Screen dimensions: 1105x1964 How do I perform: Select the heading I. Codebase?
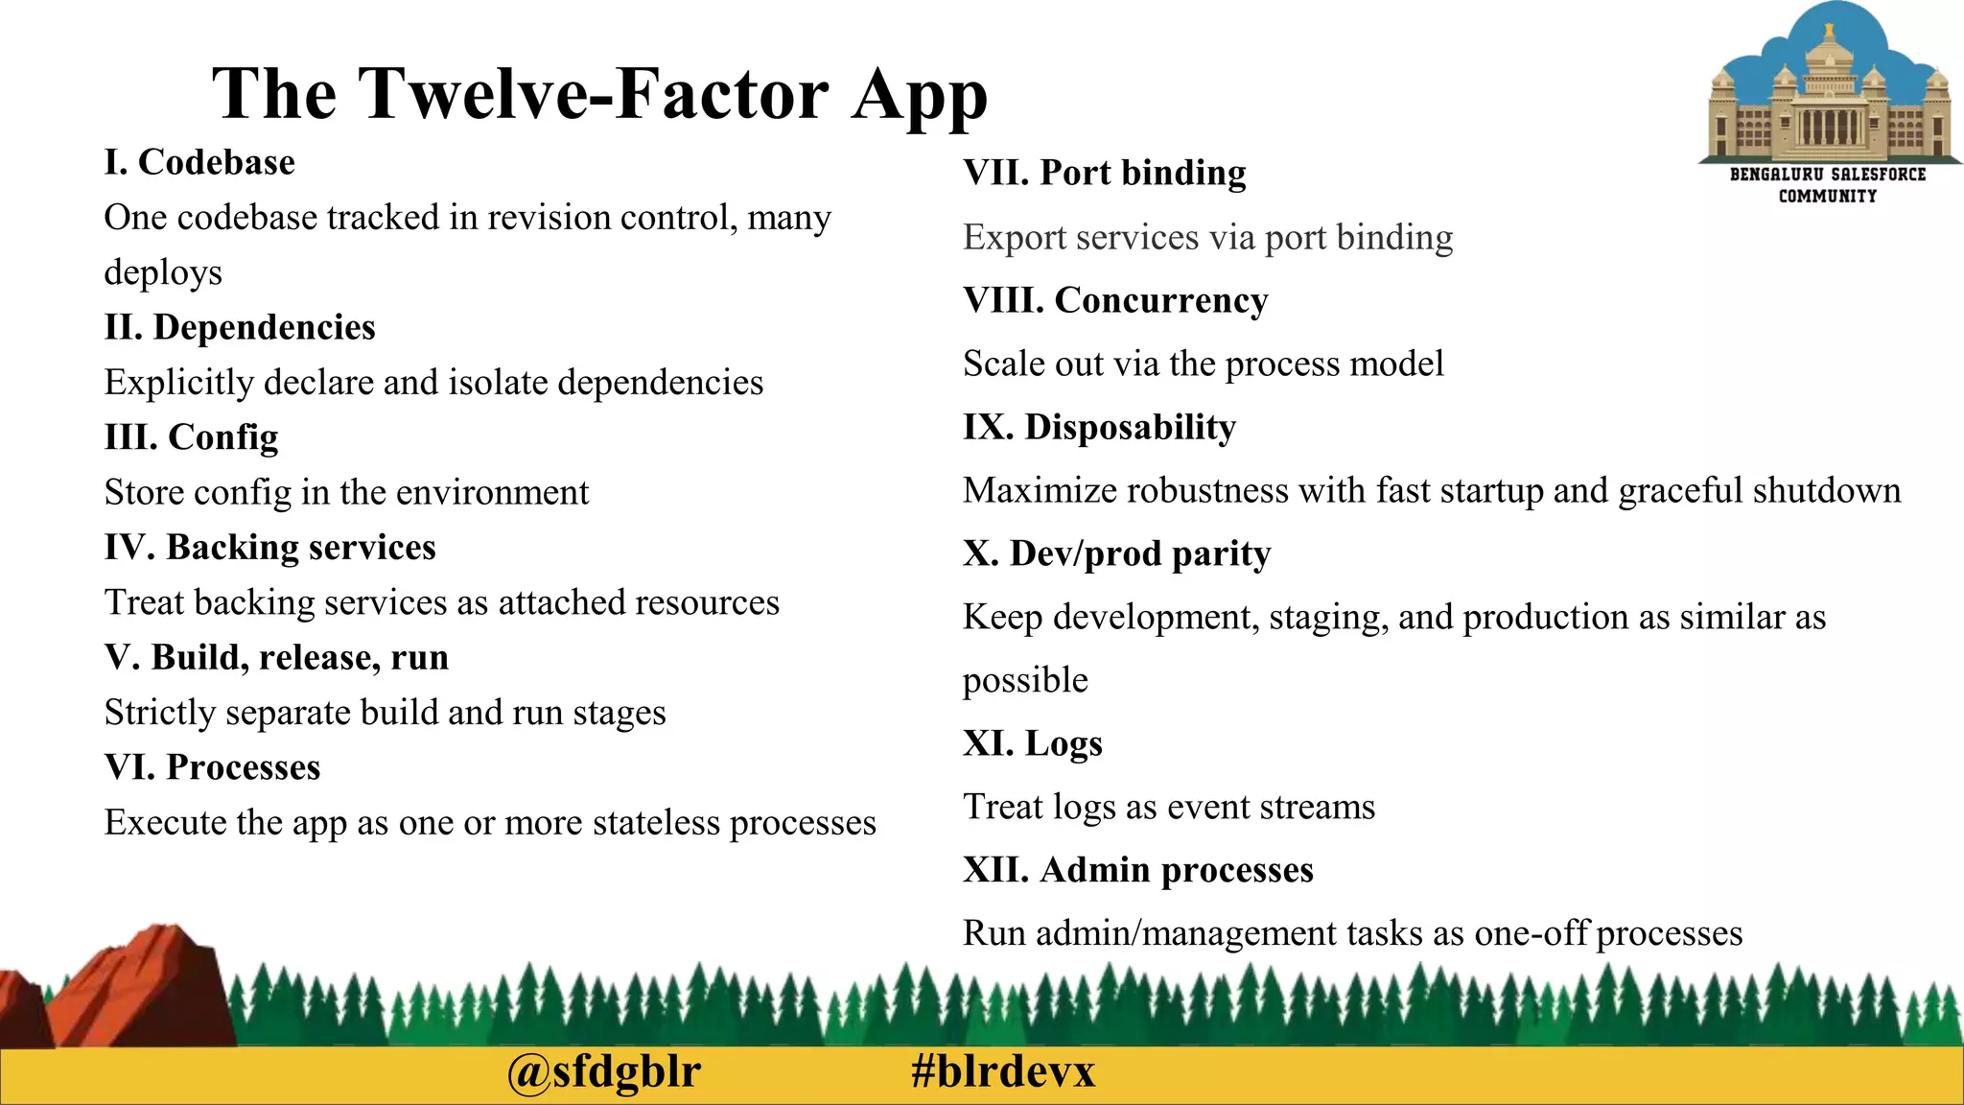click(199, 162)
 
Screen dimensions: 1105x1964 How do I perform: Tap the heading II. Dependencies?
click(240, 327)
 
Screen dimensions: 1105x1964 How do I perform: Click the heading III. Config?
click(191, 437)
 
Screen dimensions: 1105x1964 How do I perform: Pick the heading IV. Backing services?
click(269, 548)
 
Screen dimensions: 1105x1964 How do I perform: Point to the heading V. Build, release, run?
click(276, 657)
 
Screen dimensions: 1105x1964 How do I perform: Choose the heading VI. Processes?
click(212, 767)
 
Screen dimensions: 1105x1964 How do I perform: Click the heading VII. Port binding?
click(1104, 173)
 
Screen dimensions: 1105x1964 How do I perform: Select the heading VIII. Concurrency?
click(1114, 300)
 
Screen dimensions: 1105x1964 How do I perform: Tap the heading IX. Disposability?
click(1099, 427)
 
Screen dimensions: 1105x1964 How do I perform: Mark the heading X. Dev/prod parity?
click(1116, 553)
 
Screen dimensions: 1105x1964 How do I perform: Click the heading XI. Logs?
click(1032, 743)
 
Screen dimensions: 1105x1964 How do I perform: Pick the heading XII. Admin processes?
click(1137, 870)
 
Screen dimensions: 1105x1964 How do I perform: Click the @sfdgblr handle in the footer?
click(604, 1071)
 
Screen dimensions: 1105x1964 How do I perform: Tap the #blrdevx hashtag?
click(1003, 1071)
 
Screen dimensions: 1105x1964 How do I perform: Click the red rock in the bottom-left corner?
click(144, 988)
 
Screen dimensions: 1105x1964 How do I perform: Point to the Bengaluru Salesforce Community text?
click(1827, 185)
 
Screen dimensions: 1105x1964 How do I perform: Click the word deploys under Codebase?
click(163, 273)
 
